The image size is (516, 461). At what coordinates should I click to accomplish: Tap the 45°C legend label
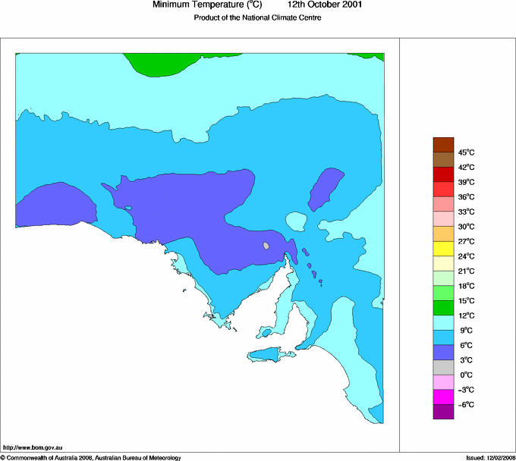465,152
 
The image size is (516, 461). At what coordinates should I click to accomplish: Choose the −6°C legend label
465,404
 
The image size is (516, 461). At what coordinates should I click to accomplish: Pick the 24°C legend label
465,256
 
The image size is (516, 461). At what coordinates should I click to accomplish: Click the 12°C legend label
465,315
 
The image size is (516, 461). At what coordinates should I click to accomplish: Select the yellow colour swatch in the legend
443,249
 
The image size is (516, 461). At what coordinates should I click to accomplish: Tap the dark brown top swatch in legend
443,145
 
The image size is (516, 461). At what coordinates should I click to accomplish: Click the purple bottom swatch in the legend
443,412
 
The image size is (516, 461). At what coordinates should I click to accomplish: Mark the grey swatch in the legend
443,367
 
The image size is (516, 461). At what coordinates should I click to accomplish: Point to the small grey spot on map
266,246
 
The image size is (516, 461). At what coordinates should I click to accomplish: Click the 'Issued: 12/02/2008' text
490,457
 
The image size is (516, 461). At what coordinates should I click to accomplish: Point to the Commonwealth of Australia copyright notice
91,457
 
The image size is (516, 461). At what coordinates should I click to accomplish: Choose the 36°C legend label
465,196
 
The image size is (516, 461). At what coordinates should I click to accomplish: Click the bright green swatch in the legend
443,293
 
